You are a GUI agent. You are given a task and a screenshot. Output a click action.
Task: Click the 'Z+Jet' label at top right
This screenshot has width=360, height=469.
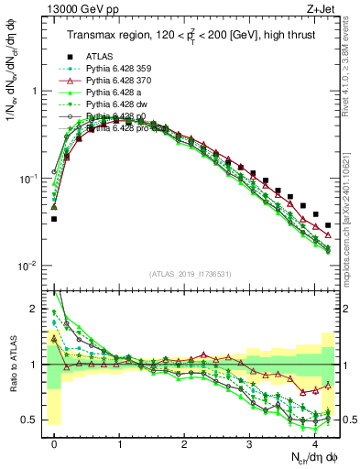322,8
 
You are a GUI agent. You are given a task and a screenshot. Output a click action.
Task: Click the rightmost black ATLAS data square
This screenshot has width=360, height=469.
328,224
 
